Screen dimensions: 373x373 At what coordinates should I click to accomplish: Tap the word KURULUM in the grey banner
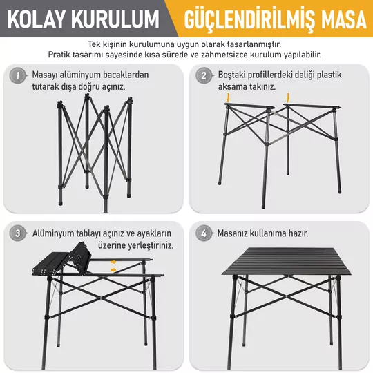[115, 19]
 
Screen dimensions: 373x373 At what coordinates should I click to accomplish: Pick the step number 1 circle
[17, 76]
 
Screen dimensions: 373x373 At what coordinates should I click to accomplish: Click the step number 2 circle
[204, 76]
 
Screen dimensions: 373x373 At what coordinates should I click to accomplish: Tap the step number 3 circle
[17, 233]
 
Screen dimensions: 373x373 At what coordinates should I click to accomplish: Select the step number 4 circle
[204, 233]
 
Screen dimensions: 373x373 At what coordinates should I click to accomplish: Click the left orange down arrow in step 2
[229, 97]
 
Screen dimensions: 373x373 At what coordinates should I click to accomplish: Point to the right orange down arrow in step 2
[288, 97]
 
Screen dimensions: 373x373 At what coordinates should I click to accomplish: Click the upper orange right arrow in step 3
[113, 262]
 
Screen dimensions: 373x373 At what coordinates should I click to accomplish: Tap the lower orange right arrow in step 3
[113, 270]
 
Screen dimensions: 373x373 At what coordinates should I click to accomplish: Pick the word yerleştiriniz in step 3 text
[151, 245]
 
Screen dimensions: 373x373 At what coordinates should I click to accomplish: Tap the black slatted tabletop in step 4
[287, 261]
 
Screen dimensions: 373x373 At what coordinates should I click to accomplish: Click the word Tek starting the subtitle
[93, 44]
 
